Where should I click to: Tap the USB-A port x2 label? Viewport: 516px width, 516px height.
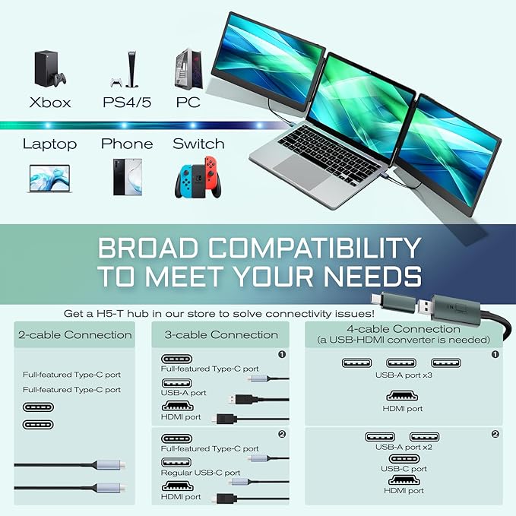[404, 448]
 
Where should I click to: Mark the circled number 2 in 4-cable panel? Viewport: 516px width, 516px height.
[495, 434]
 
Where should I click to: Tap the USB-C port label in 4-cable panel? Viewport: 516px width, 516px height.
[404, 469]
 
